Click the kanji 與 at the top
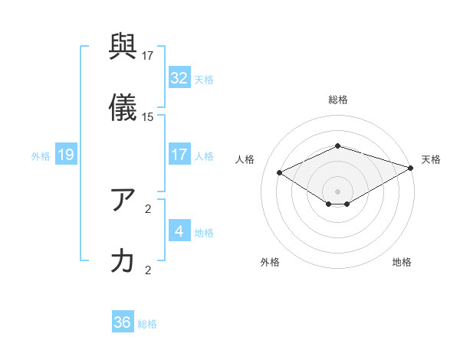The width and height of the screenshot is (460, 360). (x=123, y=51)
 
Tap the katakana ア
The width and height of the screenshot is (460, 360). (x=123, y=201)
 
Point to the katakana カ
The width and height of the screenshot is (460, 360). (x=123, y=261)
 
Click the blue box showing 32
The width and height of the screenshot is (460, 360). (x=179, y=78)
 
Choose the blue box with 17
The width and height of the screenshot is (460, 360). (x=179, y=155)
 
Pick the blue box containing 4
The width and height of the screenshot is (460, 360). (x=179, y=231)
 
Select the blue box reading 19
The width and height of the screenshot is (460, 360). (x=66, y=155)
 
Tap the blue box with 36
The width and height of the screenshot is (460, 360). (x=123, y=322)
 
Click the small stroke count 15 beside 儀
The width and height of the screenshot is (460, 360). (x=148, y=117)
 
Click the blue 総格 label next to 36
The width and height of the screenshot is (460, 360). (x=147, y=324)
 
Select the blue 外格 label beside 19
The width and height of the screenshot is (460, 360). (x=41, y=156)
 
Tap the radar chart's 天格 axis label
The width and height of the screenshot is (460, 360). (x=431, y=159)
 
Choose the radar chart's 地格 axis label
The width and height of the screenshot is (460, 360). (x=402, y=263)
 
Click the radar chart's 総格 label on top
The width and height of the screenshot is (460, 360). (x=338, y=100)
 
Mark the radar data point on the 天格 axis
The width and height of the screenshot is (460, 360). (x=412, y=167)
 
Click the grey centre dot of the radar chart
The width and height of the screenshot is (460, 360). (x=338, y=191)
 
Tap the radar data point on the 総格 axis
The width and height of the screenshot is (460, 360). (x=338, y=146)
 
